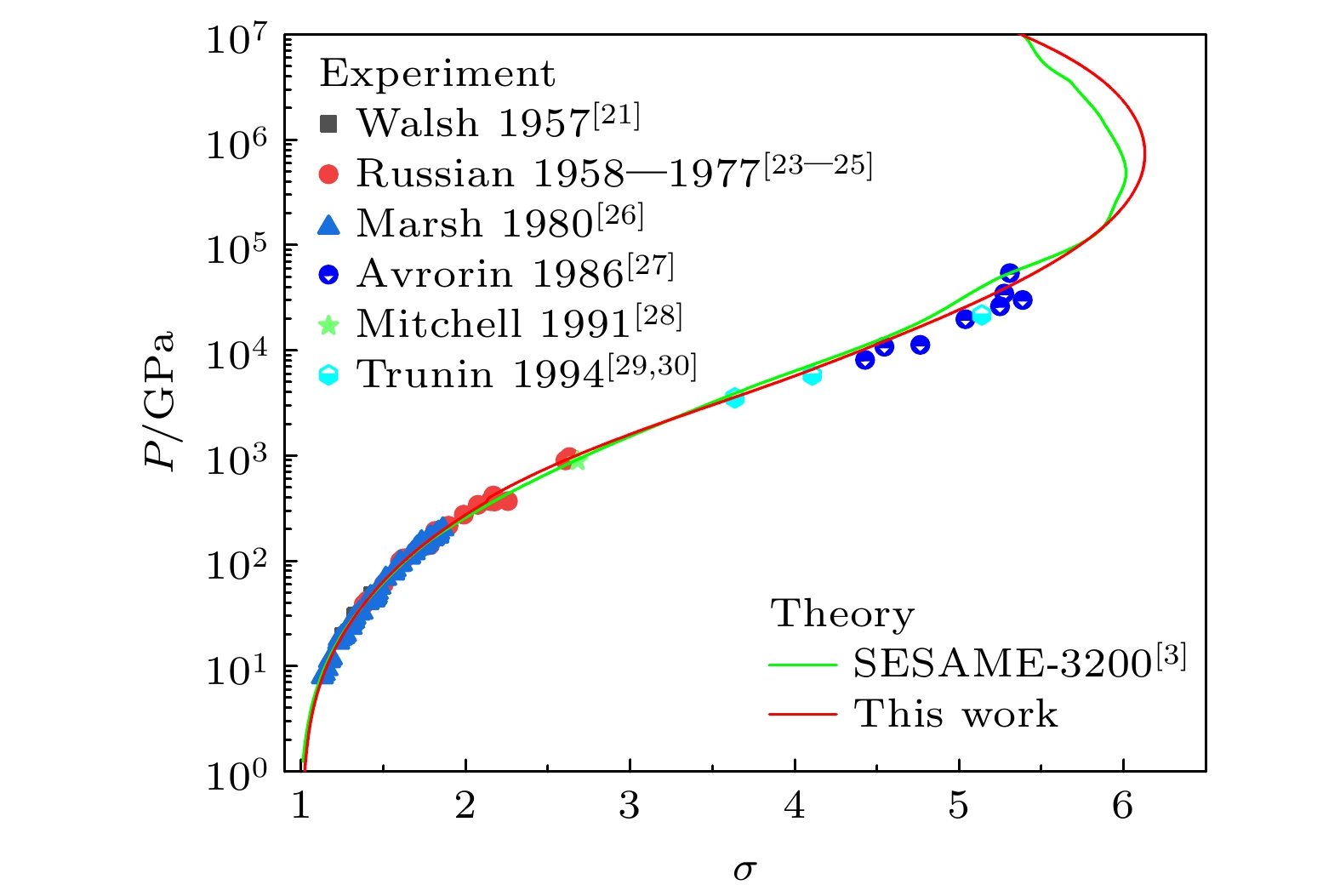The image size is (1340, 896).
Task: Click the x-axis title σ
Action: [745, 869]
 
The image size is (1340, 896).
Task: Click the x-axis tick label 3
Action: [630, 806]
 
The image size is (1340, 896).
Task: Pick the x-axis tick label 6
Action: [1123, 806]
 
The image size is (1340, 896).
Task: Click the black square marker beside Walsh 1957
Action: [328, 124]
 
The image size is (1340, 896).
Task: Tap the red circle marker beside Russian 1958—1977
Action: [328, 174]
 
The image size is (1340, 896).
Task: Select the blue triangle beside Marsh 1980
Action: [328, 225]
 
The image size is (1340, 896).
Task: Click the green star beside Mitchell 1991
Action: [328, 324]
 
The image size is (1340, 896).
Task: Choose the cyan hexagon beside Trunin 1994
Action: [328, 374]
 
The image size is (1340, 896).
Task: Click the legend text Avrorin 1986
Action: [491, 274]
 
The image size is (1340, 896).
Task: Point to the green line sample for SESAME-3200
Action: [801, 665]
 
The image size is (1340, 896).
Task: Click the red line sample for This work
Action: [801, 714]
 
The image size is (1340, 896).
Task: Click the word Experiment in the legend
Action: [437, 75]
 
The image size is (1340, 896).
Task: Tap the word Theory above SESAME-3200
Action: [842, 614]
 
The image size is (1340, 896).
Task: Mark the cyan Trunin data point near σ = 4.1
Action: [813, 375]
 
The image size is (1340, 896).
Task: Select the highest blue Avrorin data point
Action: [1010, 273]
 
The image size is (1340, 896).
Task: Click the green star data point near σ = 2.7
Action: [578, 460]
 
